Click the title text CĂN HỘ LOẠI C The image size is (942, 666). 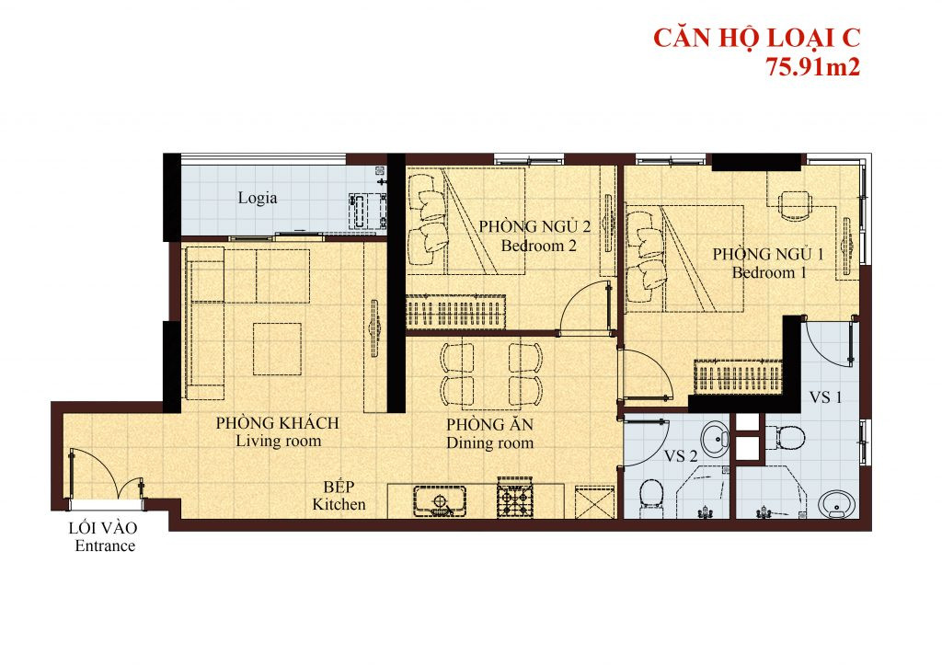point(756,39)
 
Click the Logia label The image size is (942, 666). point(258,198)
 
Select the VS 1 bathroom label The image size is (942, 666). point(825,397)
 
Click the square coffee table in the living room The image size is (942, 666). point(276,348)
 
